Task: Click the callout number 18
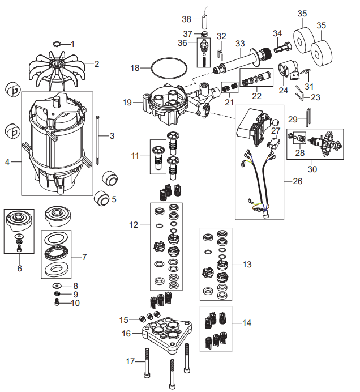tap(135, 68)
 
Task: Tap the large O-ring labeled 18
tap(169, 59)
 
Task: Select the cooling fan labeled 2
tap(57, 71)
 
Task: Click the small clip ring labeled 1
tap(57, 44)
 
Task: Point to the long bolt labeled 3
tap(97, 140)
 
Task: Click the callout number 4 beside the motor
tap(7, 162)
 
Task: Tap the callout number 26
tap(297, 181)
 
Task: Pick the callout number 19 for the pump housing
tap(127, 103)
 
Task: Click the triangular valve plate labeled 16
tap(168, 334)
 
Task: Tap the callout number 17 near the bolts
tap(130, 361)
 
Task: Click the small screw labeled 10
tap(57, 302)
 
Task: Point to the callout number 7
tap(84, 257)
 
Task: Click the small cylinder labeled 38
tap(204, 22)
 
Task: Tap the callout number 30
tap(312, 169)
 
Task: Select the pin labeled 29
tap(309, 117)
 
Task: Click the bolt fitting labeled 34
tap(282, 47)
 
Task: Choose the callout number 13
tap(247, 264)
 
